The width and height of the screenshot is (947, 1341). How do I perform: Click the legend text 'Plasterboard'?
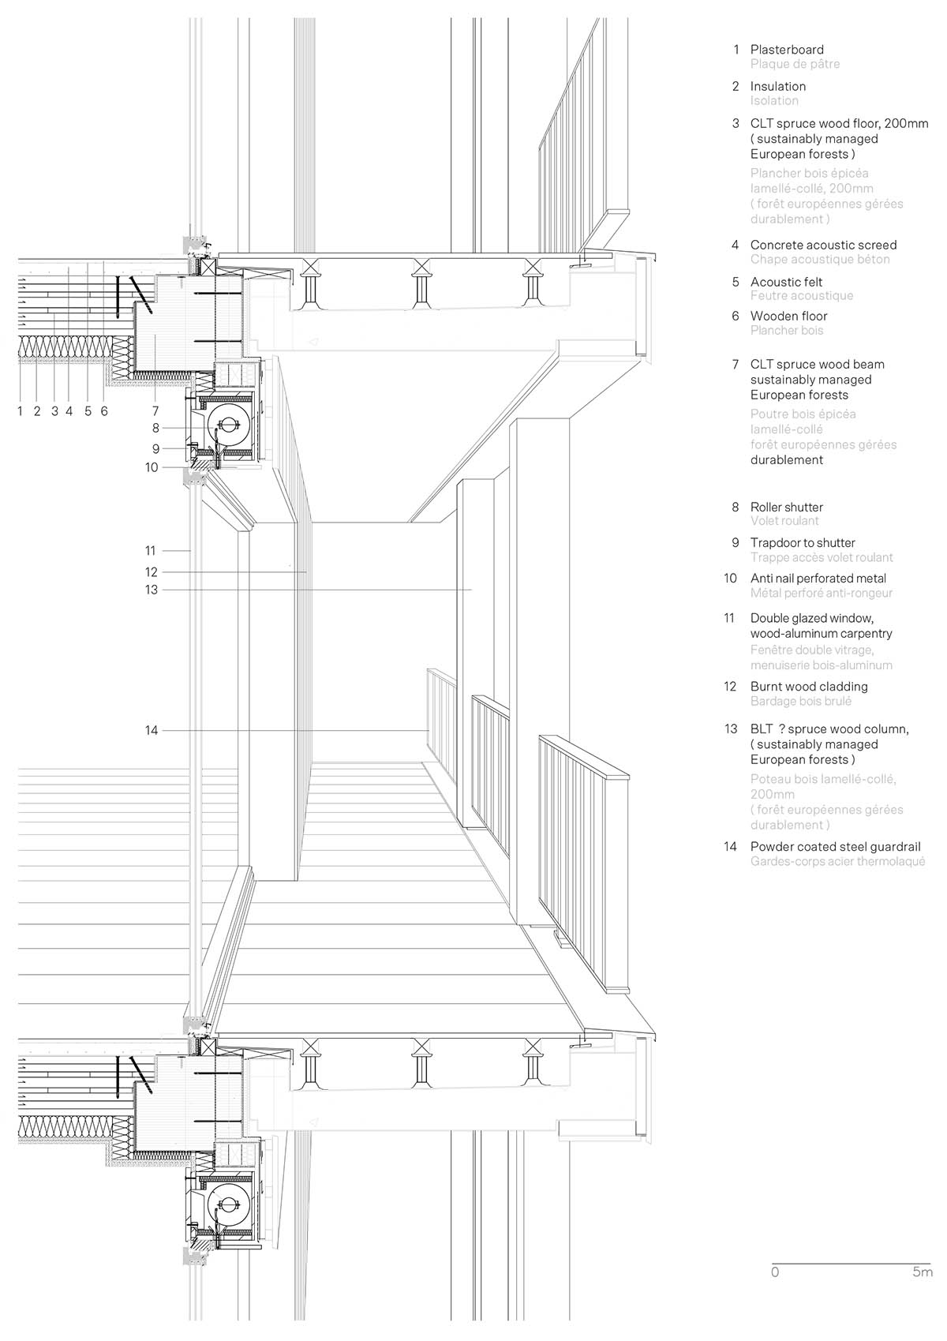tap(787, 50)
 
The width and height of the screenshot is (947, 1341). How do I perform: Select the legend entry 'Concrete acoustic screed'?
tap(823, 245)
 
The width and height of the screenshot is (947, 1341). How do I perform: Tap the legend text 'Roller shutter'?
tap(786, 507)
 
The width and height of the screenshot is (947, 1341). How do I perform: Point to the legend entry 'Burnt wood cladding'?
tap(809, 687)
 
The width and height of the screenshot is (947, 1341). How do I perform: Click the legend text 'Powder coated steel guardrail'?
tap(835, 847)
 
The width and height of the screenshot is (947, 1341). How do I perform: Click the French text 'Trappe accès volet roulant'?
tap(822, 557)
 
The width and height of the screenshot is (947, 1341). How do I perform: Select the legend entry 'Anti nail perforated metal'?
tap(818, 579)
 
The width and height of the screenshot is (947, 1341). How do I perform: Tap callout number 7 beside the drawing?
tap(155, 410)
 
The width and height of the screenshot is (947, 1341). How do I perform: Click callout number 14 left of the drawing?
tap(152, 731)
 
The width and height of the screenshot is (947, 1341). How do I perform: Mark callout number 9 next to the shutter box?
tap(155, 448)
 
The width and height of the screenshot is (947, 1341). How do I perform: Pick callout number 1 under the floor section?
tap(21, 410)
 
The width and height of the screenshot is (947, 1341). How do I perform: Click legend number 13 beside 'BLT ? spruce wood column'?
tap(731, 729)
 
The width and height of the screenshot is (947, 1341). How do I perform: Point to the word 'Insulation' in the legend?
tap(778, 86)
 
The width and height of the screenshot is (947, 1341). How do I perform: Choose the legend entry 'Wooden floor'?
tap(788, 316)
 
